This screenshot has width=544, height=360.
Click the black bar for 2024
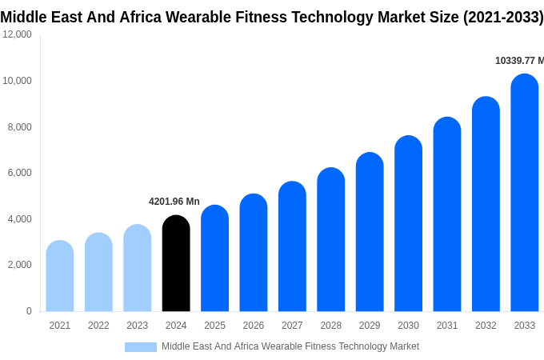click(176, 263)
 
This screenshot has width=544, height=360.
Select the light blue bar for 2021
click(60, 276)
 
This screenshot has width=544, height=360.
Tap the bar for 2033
click(524, 193)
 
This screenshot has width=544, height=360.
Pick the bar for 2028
click(330, 239)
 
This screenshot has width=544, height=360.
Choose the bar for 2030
click(408, 223)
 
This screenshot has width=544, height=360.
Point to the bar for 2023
click(138, 268)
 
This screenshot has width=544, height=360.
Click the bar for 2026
click(254, 253)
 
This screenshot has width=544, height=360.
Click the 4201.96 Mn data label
click(174, 202)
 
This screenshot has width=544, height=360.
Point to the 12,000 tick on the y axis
click(17, 34)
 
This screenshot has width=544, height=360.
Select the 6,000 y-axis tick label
click(19, 173)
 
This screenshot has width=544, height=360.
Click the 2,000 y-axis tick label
click(19, 265)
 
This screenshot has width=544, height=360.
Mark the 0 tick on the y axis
click(29, 311)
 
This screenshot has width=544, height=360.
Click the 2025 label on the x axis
click(214, 326)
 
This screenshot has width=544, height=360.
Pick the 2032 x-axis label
click(486, 326)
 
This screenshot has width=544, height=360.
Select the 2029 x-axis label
click(370, 326)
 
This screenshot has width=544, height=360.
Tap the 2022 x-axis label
click(98, 326)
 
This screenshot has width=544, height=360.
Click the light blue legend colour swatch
click(141, 346)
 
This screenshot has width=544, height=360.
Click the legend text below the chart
click(290, 346)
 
